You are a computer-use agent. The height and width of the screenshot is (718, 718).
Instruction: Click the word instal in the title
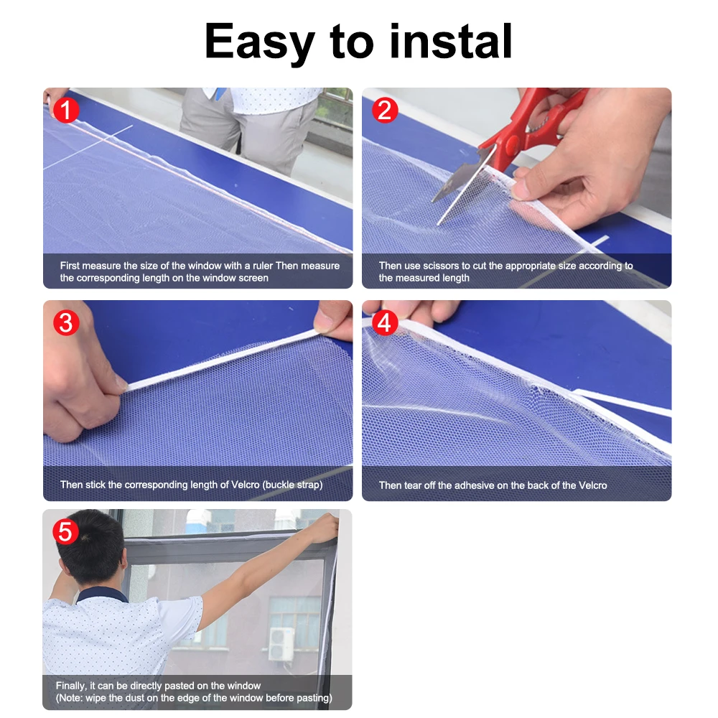pyautogui.click(x=451, y=42)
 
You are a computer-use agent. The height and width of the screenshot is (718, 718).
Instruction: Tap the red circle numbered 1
pyautogui.click(x=66, y=111)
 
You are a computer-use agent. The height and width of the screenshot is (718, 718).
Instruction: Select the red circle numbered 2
pyautogui.click(x=385, y=111)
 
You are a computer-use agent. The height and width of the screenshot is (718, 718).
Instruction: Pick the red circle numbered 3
pyautogui.click(x=66, y=322)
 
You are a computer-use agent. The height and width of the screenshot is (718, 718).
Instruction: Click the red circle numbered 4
pyautogui.click(x=385, y=322)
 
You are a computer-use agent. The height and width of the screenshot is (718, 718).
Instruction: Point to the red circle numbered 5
pyautogui.click(x=66, y=532)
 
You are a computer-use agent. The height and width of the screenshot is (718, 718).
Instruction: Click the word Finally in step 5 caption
pyautogui.click(x=71, y=686)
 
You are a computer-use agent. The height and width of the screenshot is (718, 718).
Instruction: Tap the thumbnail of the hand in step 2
pyautogui.click(x=522, y=188)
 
